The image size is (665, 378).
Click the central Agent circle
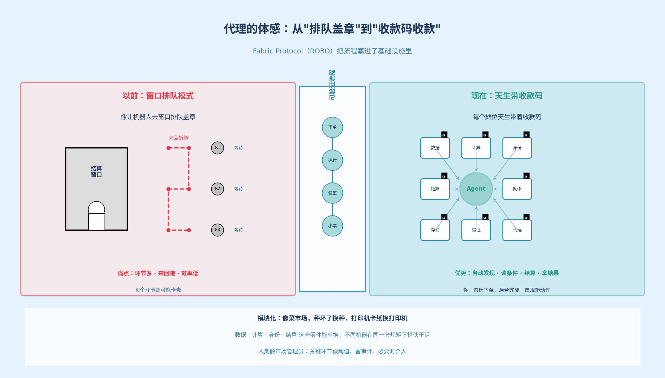coord(476,189)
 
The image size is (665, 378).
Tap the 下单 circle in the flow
coord(332,127)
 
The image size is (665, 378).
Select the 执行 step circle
coord(332,160)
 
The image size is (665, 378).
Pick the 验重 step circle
coord(332,193)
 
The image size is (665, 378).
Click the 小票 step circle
coord(332,226)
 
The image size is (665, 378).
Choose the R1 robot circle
coord(217,148)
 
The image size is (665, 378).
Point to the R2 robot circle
coord(217,189)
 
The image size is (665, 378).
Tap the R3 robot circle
coord(217,230)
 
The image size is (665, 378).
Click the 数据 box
coord(435,148)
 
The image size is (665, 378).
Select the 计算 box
coord(476,148)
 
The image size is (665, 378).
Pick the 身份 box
coord(517,148)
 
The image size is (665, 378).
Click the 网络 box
coord(517,189)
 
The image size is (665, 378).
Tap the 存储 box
coord(435,230)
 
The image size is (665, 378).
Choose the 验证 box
coord(476,230)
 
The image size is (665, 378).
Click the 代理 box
coord(517,230)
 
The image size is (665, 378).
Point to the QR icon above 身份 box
coord(526,135)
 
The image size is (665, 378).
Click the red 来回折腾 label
coord(178,138)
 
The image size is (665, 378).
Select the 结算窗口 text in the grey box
coord(96,171)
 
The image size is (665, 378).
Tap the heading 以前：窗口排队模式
coord(158,96)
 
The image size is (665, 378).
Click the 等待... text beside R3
coord(241,230)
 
